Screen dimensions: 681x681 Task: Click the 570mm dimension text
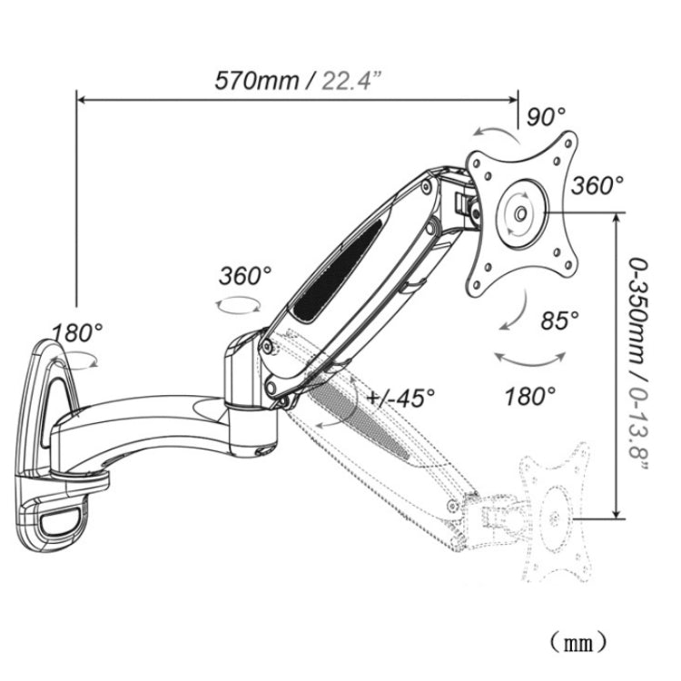tap(257, 80)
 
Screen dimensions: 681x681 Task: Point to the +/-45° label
tap(402, 397)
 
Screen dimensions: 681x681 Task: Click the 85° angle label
tap(558, 321)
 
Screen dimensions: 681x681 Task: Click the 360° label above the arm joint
tap(245, 276)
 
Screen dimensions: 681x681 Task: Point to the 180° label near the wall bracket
tap(76, 331)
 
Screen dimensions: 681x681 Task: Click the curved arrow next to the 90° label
tap(498, 136)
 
